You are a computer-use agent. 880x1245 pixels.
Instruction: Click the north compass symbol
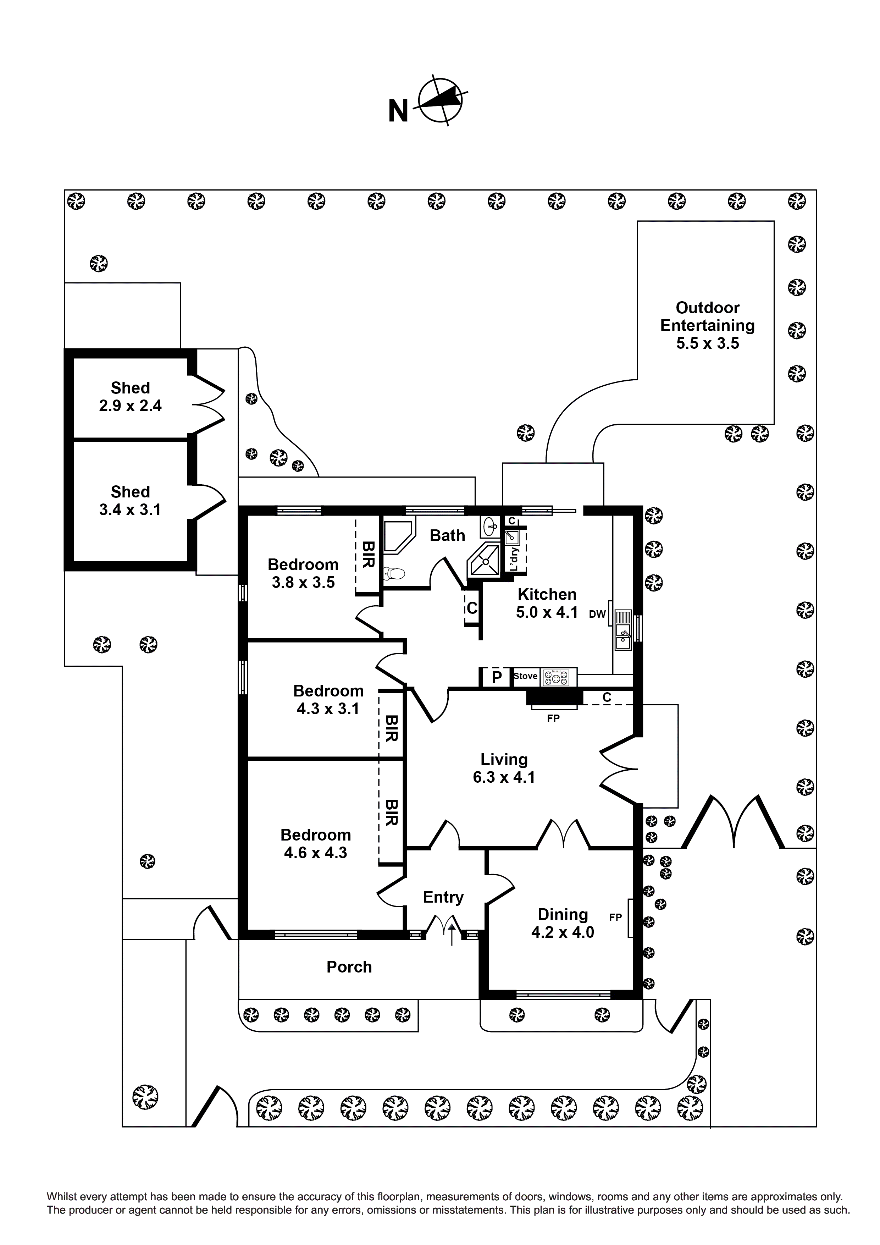pyautogui.click(x=440, y=100)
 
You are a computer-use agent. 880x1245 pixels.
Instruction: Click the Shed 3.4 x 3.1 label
pyautogui.click(x=130, y=501)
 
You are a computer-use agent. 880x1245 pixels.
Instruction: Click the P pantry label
pyautogui.click(x=496, y=677)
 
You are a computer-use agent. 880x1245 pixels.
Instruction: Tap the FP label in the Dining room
pyautogui.click(x=615, y=918)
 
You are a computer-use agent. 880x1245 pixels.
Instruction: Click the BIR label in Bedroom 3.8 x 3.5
pyautogui.click(x=368, y=555)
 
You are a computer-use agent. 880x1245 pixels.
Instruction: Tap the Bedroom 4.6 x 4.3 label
pyautogui.click(x=316, y=843)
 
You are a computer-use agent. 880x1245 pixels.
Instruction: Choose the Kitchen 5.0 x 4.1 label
pyautogui.click(x=547, y=603)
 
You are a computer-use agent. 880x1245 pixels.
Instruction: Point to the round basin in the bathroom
pyautogui.click(x=489, y=525)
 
